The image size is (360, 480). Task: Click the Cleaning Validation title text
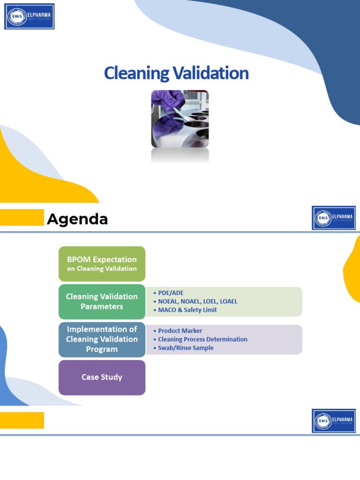pos(176,73)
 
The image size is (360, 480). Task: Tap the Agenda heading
pos(77,219)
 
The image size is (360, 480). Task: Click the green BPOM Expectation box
pos(102,263)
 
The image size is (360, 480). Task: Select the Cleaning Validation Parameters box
pos(102,301)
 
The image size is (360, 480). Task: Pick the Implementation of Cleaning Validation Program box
pos(102,339)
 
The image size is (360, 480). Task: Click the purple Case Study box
pos(102,377)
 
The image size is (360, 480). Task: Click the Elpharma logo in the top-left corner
pos(30,16)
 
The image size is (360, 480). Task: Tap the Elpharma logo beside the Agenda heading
pos(334,218)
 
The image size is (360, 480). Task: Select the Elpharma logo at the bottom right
pos(334,420)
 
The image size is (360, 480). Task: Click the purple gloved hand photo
pos(180,119)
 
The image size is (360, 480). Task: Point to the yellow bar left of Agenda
pos(22,217)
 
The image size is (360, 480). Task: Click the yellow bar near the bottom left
pos(22,420)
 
